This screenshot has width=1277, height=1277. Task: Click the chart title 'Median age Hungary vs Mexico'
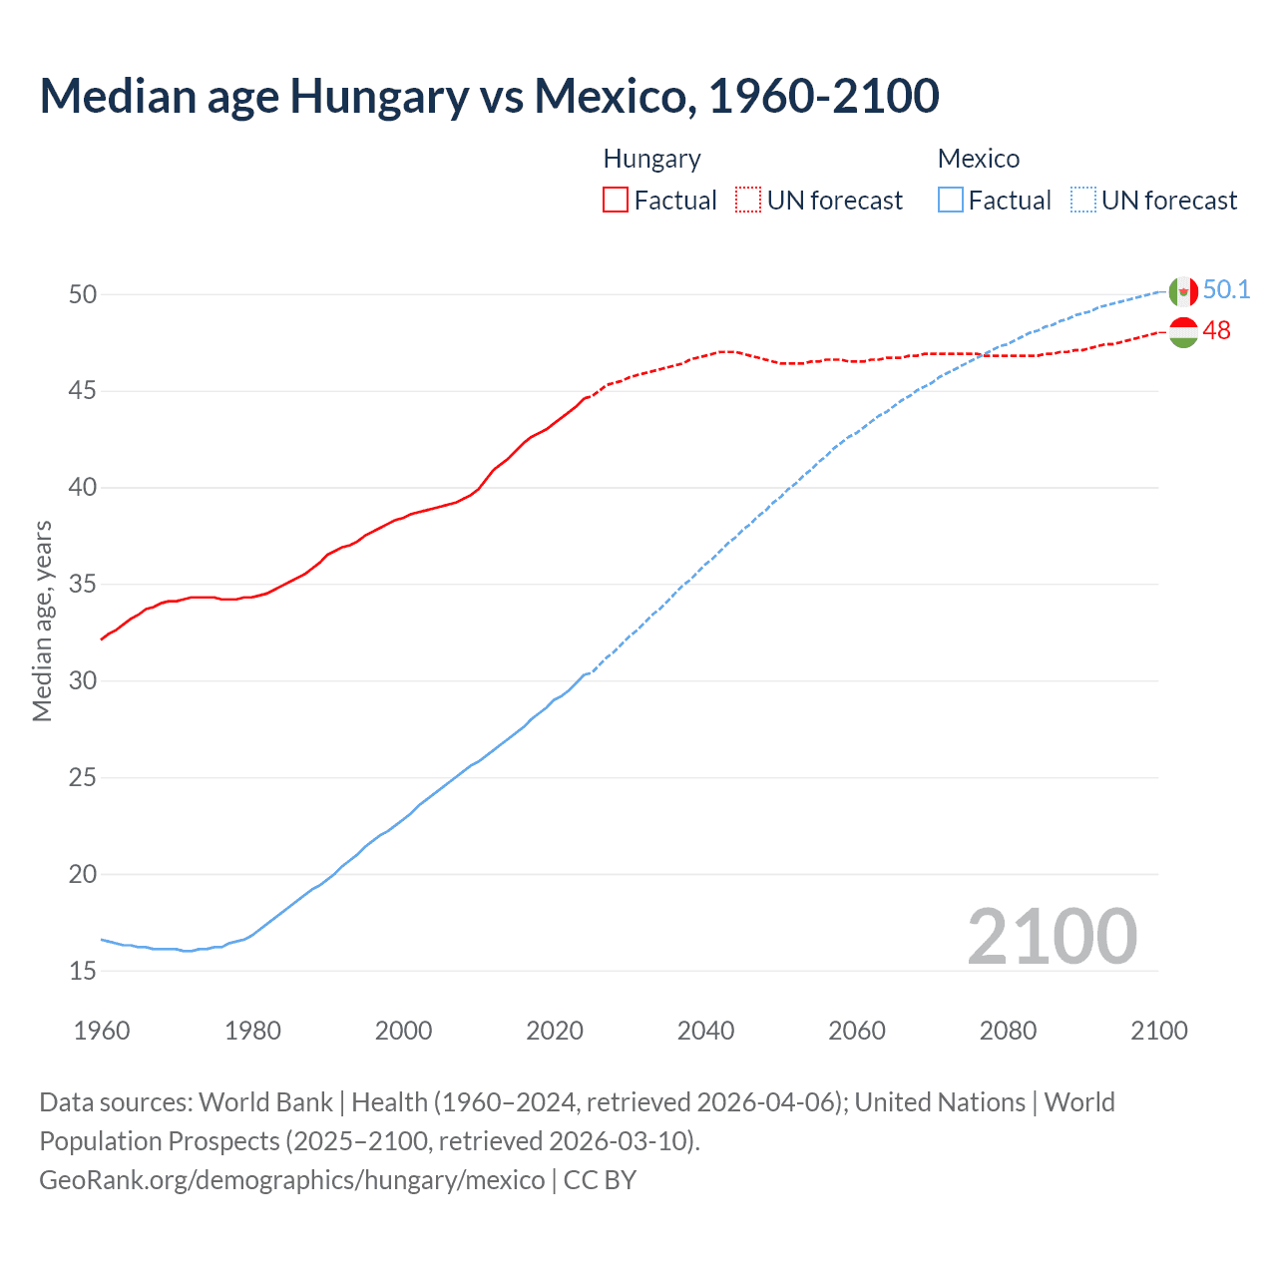489,97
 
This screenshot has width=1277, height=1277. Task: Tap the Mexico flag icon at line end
1183,291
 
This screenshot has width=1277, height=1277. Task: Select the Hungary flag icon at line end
1183,332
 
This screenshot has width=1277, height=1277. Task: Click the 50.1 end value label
1226,290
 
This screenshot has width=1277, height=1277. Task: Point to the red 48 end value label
1216,331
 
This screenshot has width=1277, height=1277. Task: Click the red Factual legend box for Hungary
616,201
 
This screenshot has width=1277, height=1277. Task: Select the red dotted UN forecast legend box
748,201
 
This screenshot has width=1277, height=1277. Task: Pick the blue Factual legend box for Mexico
951,201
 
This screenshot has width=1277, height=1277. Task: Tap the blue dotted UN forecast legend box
1083,201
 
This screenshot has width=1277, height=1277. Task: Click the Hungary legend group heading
651,159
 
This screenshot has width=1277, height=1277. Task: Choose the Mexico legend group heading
978,159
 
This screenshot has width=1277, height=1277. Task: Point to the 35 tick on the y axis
83,584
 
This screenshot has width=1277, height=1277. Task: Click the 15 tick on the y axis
83,971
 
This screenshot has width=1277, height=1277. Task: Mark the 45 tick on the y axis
83,391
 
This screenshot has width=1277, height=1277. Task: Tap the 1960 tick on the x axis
102,1031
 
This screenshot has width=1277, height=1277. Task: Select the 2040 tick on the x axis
705,1031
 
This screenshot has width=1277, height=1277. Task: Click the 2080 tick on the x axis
1008,1031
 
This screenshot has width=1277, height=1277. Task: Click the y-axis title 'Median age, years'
42,621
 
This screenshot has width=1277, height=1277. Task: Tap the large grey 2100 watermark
1052,937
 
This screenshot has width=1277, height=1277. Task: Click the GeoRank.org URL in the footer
292,1180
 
